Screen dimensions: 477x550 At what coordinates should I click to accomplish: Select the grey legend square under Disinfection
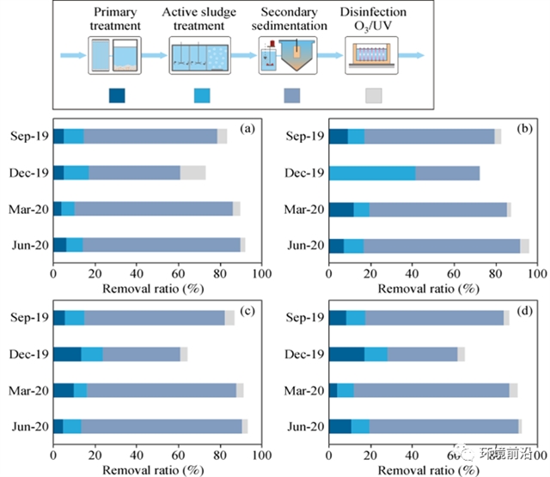pyautogui.click(x=373, y=95)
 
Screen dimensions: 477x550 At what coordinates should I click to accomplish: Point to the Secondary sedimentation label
pyautogui.click(x=290, y=20)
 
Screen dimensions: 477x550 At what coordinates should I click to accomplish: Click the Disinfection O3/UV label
pyautogui.click(x=373, y=20)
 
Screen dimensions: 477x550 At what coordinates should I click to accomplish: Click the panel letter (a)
pyautogui.click(x=247, y=130)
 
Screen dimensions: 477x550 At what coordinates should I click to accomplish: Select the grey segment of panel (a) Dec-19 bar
pyautogui.click(x=192, y=173)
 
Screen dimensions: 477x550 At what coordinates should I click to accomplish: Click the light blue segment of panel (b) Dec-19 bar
pyautogui.click(x=372, y=173)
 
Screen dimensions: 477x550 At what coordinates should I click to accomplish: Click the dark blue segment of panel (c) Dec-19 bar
pyautogui.click(x=67, y=354)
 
